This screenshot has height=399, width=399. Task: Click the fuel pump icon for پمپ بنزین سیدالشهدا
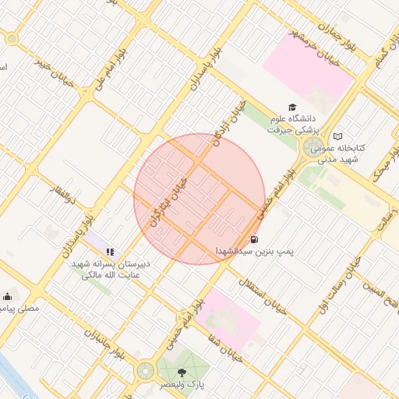(x=254, y=239)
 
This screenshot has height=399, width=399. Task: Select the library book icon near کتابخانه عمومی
(x=337, y=136)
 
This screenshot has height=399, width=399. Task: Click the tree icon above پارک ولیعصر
(x=182, y=373)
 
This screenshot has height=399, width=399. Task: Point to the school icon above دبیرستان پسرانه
(x=110, y=252)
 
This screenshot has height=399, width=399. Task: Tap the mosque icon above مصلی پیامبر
(x=8, y=296)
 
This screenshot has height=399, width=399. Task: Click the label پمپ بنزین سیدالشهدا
(x=250, y=252)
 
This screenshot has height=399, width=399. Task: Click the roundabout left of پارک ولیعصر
(x=145, y=371)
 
